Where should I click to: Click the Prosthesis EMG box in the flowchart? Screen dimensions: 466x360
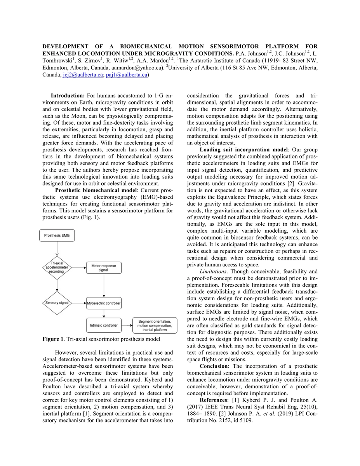click(x=57, y=235)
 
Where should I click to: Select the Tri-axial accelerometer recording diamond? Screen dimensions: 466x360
click(x=57, y=267)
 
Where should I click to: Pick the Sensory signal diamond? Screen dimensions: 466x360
click(x=57, y=303)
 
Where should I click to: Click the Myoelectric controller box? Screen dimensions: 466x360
click(x=104, y=303)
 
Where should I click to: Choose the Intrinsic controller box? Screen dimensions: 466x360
click(x=104, y=325)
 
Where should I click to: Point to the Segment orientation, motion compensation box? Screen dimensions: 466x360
click(x=155, y=325)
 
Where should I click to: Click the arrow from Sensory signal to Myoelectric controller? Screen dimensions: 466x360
click(x=80, y=303)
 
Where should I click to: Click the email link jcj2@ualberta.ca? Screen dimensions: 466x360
click(x=82, y=75)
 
